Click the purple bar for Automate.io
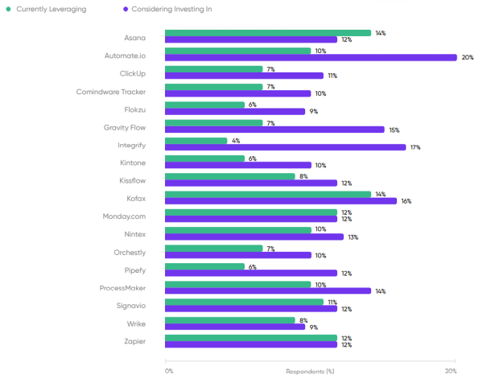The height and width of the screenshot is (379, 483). coord(311,57)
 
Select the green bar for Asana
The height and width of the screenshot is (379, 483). coord(268,33)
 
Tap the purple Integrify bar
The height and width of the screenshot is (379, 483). coord(286,147)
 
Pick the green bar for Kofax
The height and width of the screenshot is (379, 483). coord(268,194)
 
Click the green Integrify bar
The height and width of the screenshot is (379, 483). coord(196,141)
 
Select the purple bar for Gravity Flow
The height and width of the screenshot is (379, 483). coord(275,130)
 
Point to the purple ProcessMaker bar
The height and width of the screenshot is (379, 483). coord(268,290)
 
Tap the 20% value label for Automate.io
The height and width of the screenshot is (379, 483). coord(468,57)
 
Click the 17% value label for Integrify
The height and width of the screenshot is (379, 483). coord(416,147)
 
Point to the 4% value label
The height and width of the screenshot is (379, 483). coord(237,141)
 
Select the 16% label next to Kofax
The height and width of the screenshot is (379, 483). coord(407,201)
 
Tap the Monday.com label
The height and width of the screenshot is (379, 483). coord(123,216)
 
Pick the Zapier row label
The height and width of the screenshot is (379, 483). coord(134,341)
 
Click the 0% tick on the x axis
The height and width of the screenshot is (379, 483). coord(169,371)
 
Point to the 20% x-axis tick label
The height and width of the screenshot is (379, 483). coord(451,371)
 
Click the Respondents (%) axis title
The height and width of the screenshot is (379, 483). coord(310,371)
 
